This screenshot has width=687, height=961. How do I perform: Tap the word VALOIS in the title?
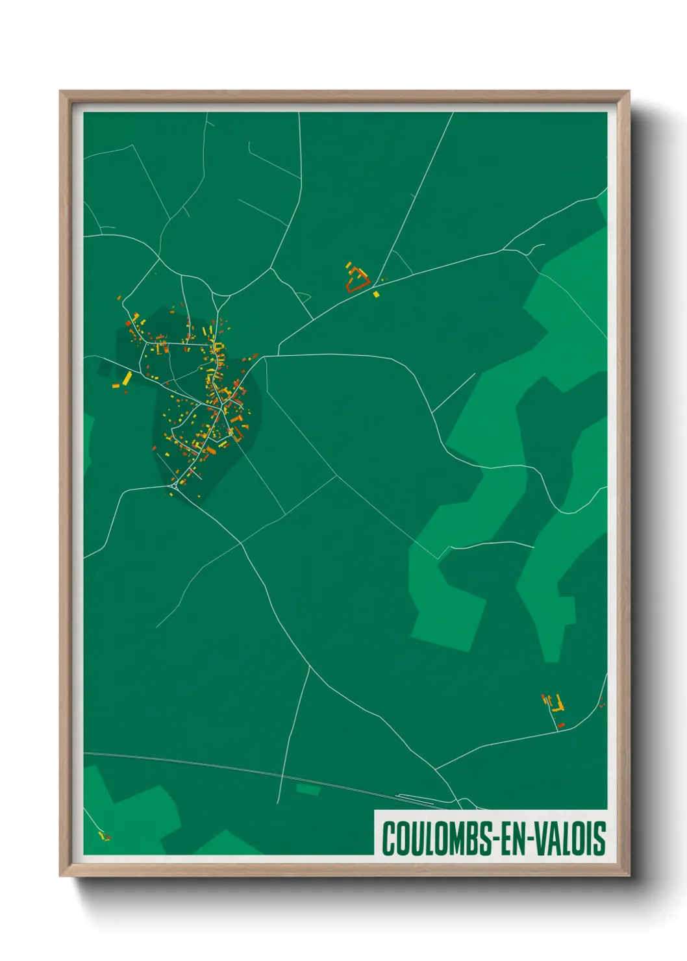[x=575, y=838]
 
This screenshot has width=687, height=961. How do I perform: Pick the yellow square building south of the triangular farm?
[x=376, y=294]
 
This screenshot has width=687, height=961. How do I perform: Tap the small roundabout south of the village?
[x=174, y=484]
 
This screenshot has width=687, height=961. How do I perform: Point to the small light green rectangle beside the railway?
[x=308, y=790]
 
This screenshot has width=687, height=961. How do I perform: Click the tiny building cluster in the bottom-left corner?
[x=103, y=836]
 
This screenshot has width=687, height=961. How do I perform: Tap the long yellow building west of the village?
[x=127, y=378]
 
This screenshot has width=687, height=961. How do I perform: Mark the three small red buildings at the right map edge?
[x=602, y=703]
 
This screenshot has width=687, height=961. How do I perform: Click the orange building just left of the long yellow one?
[x=116, y=386]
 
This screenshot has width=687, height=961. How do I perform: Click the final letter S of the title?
[x=600, y=838]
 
